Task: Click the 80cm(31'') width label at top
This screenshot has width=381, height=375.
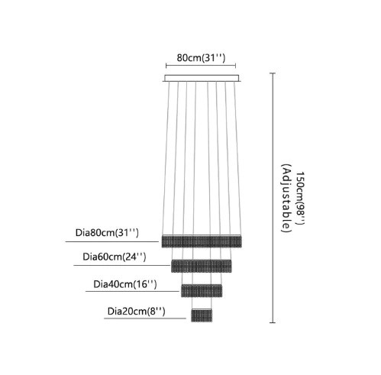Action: [201, 58]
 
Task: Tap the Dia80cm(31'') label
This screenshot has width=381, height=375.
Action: [107, 233]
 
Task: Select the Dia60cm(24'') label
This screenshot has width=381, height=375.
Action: [115, 257]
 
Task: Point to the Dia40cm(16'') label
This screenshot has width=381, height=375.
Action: [125, 284]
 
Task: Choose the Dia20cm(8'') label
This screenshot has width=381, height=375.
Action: [137, 312]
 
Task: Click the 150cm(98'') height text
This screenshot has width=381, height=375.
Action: [300, 199]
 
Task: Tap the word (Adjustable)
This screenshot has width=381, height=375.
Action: [286, 198]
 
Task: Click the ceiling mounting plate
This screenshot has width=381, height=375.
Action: [202, 78]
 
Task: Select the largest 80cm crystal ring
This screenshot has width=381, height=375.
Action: [202, 241]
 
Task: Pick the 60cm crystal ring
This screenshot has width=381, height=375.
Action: [202, 266]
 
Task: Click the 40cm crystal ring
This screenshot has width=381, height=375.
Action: [202, 291]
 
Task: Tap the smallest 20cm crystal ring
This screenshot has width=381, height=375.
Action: [202, 315]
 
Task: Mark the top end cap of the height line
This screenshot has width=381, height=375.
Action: [273, 73]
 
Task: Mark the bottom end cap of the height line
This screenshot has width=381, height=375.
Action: [273, 322]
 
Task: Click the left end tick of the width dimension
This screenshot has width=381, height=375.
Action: [166, 66]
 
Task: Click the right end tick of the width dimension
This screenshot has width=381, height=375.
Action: [235, 66]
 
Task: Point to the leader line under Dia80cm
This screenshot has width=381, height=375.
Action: [112, 241]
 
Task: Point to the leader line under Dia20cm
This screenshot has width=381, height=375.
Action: [145, 318]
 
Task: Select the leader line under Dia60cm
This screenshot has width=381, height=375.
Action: [122, 265]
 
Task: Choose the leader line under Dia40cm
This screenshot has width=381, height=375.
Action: [132, 291]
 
